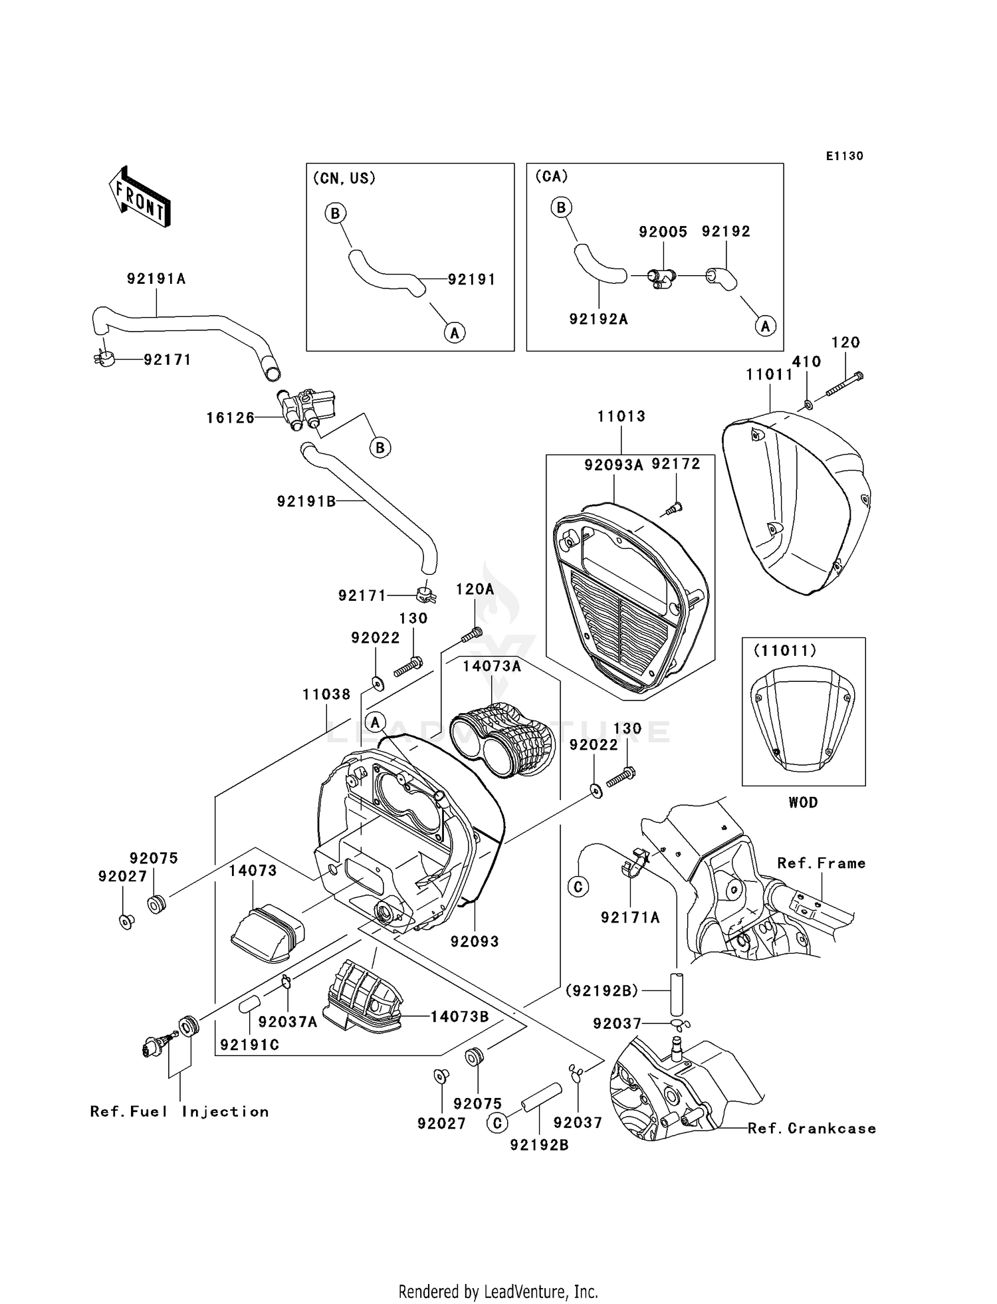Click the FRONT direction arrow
140,197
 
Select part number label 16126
230,418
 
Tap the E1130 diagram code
844,156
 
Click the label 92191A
156,279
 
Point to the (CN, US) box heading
344,178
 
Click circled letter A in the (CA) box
765,326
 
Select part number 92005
663,231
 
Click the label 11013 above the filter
621,417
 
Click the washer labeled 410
808,404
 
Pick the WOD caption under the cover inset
803,802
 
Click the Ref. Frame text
821,863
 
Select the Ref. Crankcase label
812,1129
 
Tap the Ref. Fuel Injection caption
179,1112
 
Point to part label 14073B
459,1017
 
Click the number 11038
326,695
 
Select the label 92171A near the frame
630,918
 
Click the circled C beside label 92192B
497,1123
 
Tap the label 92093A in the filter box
613,465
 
